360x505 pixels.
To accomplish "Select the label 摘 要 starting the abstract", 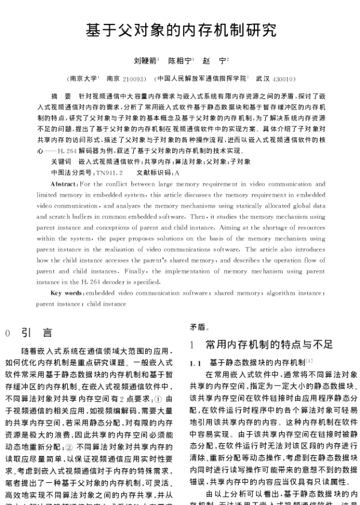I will click(x=61, y=96).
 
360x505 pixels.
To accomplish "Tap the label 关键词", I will click(x=61, y=162).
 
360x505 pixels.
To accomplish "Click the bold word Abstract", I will click(x=64, y=184).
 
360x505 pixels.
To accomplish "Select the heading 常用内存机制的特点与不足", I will click(x=269, y=344).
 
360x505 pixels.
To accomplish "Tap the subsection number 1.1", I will click(x=195, y=363).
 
